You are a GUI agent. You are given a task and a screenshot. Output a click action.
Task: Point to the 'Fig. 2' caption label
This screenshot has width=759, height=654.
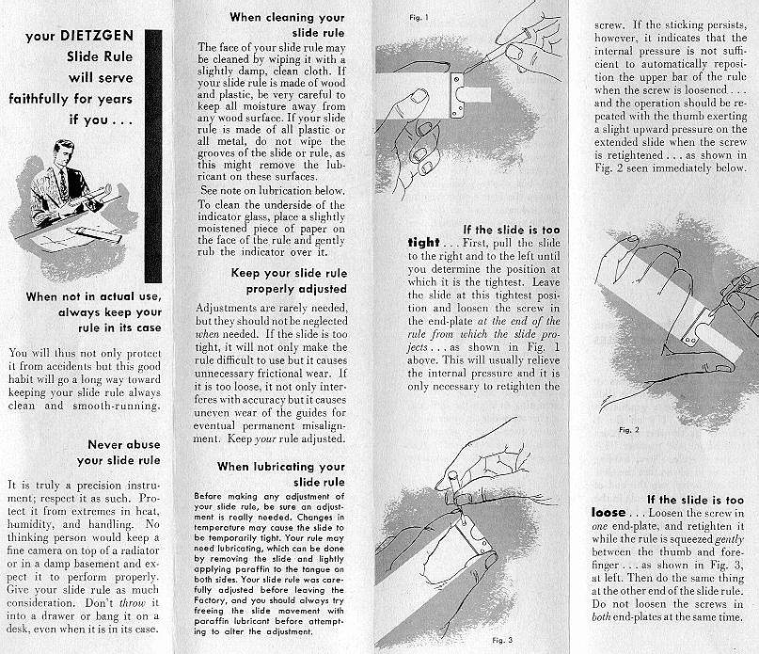click(629, 429)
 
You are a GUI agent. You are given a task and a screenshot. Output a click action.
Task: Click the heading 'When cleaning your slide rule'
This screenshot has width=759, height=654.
click(287, 24)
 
